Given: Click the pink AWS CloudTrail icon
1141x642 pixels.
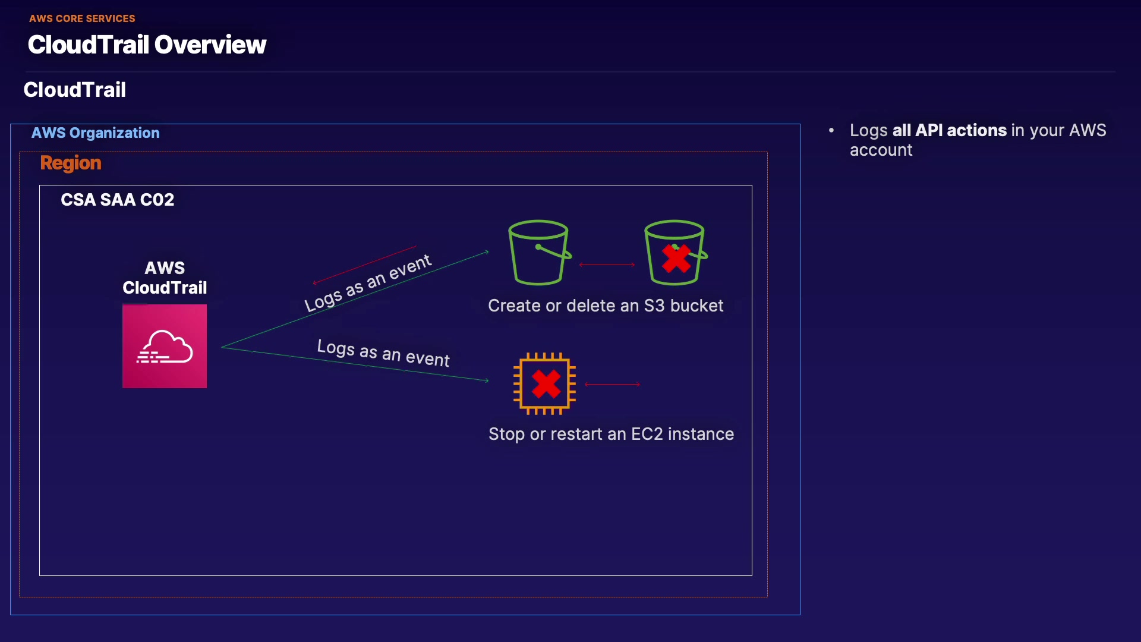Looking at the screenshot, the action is point(165,346).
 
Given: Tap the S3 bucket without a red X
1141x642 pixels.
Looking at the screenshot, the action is point(540,253).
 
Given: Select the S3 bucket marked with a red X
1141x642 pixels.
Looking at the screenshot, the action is point(676,253).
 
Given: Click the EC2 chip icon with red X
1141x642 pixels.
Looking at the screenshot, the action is point(545,383).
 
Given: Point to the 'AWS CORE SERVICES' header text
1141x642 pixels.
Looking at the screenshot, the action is point(82,18).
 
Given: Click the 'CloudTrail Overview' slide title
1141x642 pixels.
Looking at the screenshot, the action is point(147,45).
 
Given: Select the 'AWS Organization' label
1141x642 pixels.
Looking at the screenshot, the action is point(96,133).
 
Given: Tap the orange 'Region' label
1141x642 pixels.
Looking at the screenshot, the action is point(71,163).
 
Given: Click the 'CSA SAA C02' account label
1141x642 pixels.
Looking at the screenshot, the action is point(118,200).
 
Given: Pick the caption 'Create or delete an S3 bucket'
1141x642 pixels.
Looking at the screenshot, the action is point(606,306).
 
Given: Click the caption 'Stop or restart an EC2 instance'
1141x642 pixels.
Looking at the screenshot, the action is point(611,434).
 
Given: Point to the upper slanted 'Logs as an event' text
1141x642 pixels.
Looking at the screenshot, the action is point(368,283).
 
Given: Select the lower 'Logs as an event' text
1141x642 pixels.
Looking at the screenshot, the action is point(383,353).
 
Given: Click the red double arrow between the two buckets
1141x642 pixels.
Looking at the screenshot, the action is point(607,265).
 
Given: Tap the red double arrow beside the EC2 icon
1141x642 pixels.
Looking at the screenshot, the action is point(612,385).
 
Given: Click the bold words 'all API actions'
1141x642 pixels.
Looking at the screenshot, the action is point(949,130).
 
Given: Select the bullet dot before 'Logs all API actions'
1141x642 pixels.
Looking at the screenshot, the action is point(831,130).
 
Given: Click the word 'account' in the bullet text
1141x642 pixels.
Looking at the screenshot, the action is point(881,150).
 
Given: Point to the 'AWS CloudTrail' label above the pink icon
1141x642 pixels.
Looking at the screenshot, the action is point(165,278).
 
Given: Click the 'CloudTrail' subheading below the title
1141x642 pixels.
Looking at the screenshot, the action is point(75,90).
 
